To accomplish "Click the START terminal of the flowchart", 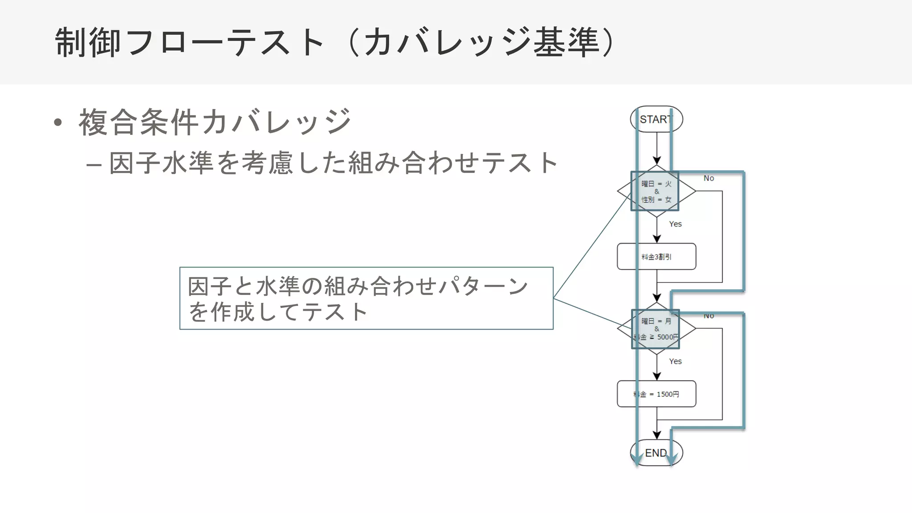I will [656, 119].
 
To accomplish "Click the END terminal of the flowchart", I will [656, 453].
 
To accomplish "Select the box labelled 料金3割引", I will [656, 256].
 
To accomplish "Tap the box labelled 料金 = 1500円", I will [656, 394].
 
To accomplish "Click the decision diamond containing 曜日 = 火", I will [656, 191].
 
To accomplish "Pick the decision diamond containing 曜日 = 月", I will [656, 329].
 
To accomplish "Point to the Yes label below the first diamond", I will [675, 224].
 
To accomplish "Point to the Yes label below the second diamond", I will [675, 361].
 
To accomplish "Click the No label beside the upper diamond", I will [708, 178].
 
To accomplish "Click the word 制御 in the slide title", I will [88, 42].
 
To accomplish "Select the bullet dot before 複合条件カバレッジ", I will [58, 122].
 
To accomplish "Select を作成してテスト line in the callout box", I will [278, 312].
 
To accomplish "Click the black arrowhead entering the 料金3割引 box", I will [657, 239].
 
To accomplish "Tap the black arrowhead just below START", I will [657, 161].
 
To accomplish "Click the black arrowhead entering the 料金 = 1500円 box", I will [657, 377].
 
